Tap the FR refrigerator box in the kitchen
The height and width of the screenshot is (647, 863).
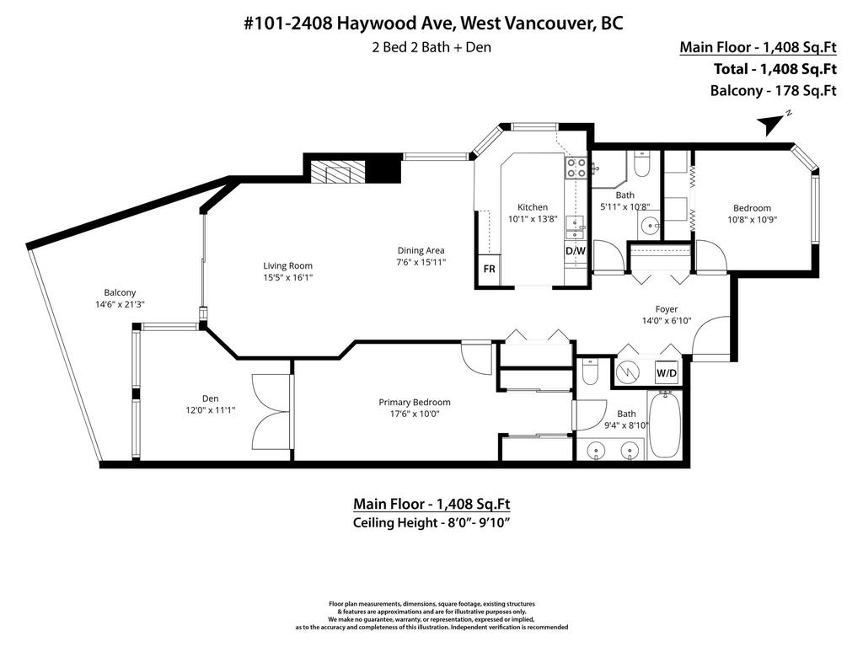[489, 270]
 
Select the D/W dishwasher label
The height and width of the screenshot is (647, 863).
[575, 251]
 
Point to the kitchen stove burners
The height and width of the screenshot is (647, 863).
[576, 168]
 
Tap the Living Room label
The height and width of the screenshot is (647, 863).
[287, 266]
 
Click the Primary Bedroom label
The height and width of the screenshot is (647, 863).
[414, 402]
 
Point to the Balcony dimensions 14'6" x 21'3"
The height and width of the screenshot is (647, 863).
[121, 305]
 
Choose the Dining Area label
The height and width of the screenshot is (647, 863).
[421, 250]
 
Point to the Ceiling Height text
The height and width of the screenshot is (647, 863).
[431, 523]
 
